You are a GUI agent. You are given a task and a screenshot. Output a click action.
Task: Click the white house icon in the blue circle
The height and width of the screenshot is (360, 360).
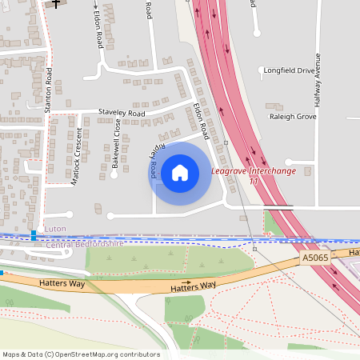click(180, 173)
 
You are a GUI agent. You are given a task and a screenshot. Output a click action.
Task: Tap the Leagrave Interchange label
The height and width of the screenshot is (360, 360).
click(253, 171)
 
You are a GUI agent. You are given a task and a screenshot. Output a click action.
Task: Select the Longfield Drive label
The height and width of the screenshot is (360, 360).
click(294, 70)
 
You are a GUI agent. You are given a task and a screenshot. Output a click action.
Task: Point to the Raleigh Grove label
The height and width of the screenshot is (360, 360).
click(294, 116)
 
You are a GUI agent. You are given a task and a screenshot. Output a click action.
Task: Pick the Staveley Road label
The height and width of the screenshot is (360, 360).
click(122, 114)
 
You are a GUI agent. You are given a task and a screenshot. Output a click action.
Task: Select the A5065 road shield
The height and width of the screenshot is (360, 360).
click(315, 259)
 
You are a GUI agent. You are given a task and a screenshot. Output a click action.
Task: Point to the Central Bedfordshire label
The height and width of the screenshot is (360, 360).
click(84, 243)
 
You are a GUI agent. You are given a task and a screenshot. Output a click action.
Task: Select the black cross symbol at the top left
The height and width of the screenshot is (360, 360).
click(55, 3)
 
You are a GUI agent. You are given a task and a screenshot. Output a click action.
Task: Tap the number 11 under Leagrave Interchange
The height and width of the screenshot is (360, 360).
click(254, 181)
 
